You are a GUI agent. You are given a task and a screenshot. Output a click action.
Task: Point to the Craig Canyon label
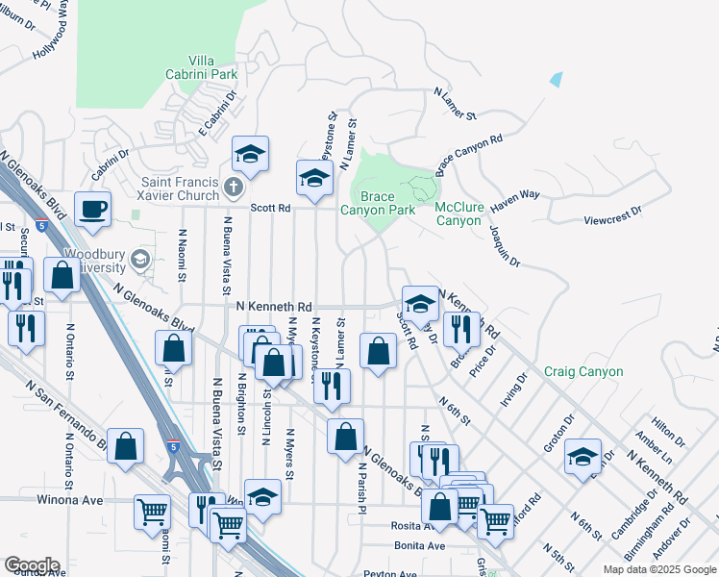pyautogui.click(x=583, y=371)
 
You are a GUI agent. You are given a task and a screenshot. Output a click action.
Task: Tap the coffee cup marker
pyautogui.click(x=93, y=209)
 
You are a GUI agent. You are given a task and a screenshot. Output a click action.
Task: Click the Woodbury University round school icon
pyautogui.click(x=140, y=259)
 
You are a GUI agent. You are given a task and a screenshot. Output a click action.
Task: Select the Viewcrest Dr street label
pyautogui.click(x=612, y=220)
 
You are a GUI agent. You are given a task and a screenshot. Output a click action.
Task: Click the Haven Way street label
pyautogui.click(x=515, y=201)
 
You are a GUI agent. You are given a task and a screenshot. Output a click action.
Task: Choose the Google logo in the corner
pyautogui.click(x=32, y=565)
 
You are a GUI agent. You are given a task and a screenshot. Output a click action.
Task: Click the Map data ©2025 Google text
pyautogui.click(x=658, y=569)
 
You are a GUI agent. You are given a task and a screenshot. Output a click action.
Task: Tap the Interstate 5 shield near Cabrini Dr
pyautogui.click(x=40, y=226)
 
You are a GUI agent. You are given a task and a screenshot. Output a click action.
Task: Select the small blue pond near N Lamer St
pyautogui.click(x=556, y=80)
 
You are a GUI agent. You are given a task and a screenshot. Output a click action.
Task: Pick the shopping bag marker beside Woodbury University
pyautogui.click(x=62, y=274)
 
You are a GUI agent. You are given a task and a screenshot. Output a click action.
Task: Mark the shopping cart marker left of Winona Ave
pyautogui.click(x=152, y=511)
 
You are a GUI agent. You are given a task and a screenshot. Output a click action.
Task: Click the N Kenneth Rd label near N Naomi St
pyautogui.click(x=274, y=306)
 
